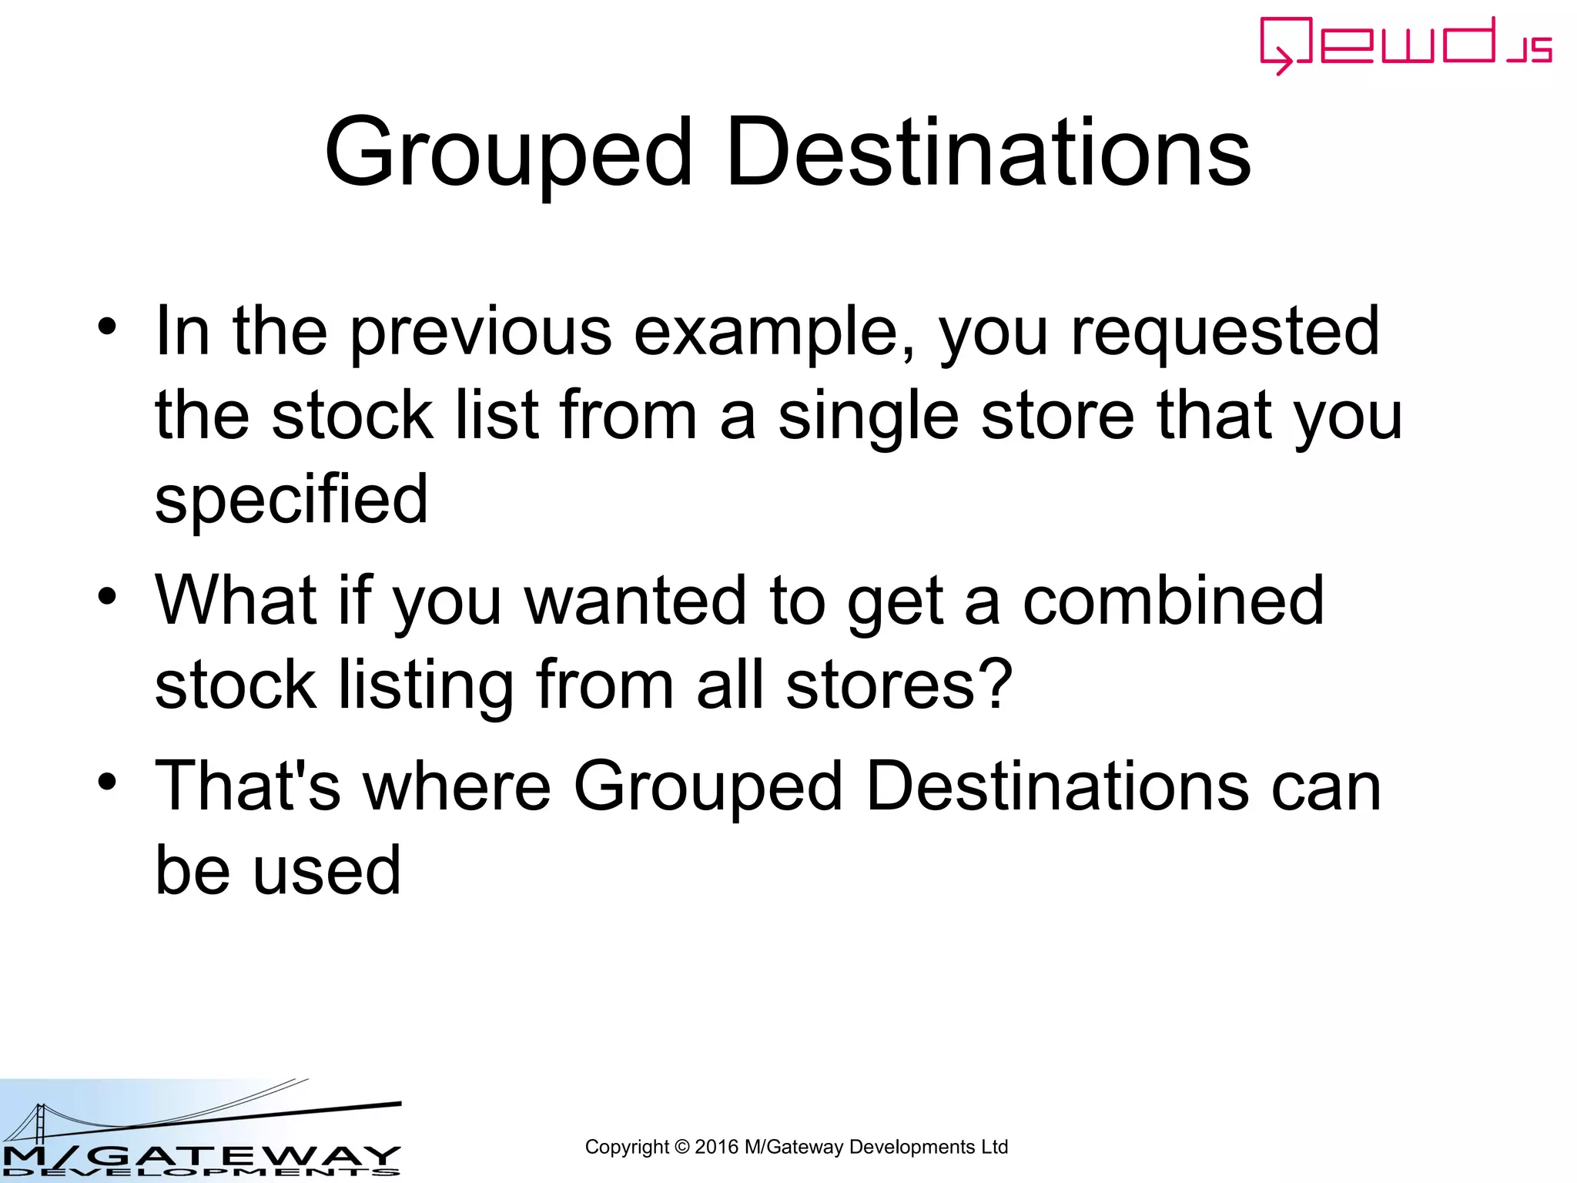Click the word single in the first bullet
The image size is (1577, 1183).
click(x=868, y=416)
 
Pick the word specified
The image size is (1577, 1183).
click(x=291, y=499)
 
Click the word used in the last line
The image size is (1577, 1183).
click(x=327, y=870)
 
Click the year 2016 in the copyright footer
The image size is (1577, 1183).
click(x=716, y=1148)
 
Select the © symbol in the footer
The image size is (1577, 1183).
click(x=681, y=1148)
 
